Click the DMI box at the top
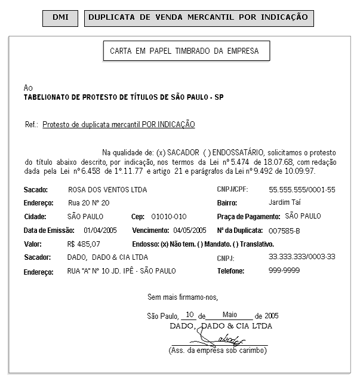(x=60, y=17)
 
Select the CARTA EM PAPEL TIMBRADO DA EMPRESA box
(x=184, y=51)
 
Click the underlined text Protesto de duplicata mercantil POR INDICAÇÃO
(x=119, y=125)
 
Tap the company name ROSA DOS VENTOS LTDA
(x=107, y=190)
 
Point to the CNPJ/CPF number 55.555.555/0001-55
(x=302, y=190)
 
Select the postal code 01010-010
(x=169, y=216)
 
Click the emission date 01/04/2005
(x=100, y=230)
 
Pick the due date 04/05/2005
(x=190, y=230)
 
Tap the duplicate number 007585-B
(x=285, y=230)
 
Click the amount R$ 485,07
(x=84, y=244)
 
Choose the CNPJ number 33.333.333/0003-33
(x=302, y=257)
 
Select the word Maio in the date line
(x=229, y=314)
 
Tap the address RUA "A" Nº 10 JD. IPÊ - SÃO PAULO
(x=122, y=271)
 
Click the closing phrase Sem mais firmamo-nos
(x=183, y=297)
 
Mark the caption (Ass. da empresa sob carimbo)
(x=218, y=351)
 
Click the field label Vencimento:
(x=150, y=230)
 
